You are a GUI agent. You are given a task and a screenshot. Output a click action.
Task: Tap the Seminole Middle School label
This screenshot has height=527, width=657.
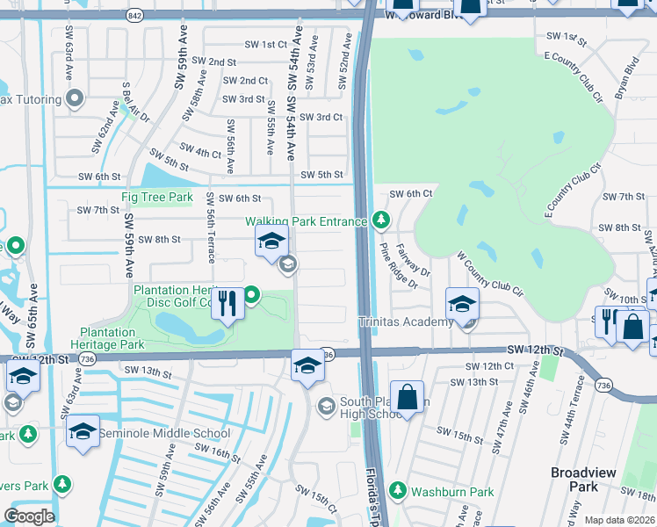tap(164, 433)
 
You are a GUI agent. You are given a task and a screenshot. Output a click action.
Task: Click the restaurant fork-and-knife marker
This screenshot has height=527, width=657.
tap(227, 305)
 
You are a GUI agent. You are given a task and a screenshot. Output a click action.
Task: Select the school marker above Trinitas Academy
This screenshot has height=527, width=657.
tap(462, 304)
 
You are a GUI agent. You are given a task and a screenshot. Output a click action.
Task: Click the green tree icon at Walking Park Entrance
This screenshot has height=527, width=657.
tap(380, 220)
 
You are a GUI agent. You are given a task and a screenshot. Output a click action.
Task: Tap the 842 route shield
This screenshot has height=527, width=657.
tap(134, 15)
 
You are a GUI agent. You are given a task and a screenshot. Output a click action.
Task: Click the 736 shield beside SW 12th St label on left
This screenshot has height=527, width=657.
tap(86, 359)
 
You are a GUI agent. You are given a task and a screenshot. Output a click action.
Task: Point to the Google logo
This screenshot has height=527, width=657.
tap(29, 516)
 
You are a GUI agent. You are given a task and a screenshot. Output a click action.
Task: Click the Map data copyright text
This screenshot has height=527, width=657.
tap(619, 520)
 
